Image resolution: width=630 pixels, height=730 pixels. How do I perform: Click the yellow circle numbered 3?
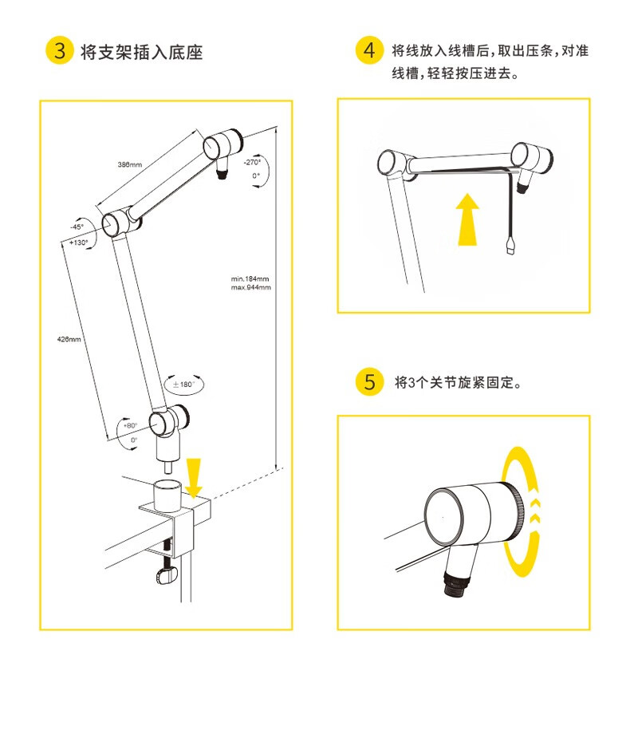[60, 50]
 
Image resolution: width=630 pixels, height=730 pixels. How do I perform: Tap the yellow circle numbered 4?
[369, 49]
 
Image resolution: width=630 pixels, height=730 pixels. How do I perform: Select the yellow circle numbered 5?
[369, 382]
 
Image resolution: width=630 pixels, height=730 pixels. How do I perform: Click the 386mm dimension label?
[130, 164]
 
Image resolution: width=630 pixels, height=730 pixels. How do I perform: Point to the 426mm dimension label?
[69, 339]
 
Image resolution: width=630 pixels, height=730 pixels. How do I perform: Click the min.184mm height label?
[250, 279]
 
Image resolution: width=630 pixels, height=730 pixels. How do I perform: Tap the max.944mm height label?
[250, 287]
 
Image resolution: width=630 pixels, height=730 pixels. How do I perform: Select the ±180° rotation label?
[183, 385]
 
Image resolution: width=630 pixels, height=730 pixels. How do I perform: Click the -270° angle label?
[252, 162]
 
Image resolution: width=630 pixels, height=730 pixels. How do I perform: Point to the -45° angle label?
[77, 227]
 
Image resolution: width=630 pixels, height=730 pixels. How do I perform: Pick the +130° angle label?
[79, 243]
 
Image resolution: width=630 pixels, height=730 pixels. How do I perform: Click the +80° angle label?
[130, 425]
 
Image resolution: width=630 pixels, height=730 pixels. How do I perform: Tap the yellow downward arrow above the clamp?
[194, 477]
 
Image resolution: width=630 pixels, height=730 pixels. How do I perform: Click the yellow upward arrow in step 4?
[467, 219]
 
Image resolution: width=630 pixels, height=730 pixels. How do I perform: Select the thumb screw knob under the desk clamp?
[166, 575]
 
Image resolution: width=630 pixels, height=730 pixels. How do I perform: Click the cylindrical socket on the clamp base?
[167, 496]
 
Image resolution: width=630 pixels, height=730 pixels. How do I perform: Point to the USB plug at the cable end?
[511, 246]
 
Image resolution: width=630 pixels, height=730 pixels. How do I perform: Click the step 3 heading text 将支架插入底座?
[142, 52]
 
